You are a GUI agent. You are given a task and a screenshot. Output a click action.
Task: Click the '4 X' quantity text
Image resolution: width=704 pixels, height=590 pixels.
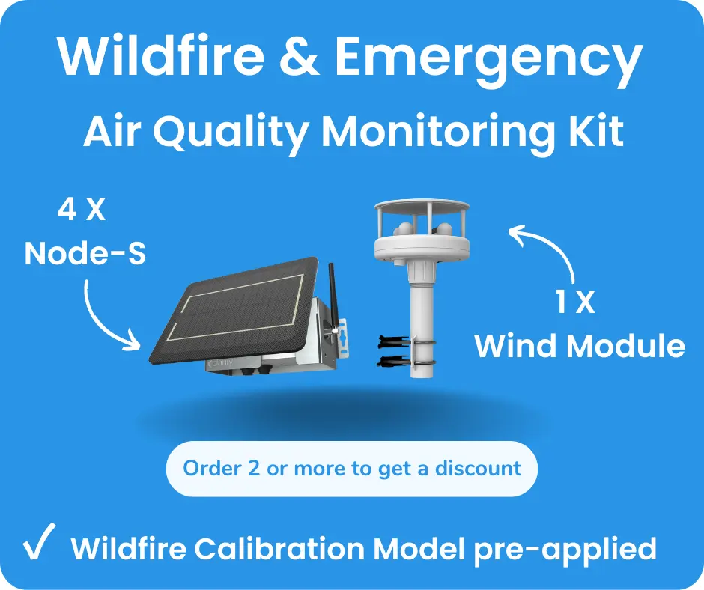pos(82,211)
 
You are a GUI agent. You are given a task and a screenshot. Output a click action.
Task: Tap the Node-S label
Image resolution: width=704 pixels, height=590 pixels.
pos(85,254)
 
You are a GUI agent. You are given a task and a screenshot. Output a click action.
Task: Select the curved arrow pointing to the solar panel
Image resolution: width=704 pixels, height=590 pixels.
pos(105,314)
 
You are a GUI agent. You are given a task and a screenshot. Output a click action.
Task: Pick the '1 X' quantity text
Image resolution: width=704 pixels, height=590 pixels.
pos(576,303)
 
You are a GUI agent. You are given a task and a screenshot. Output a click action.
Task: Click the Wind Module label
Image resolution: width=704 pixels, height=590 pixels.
pos(580,346)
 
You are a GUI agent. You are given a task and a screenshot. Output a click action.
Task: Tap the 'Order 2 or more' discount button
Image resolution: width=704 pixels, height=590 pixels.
pos(351,469)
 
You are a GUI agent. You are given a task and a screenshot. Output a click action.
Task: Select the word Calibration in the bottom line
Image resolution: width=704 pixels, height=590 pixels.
pos(281,549)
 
